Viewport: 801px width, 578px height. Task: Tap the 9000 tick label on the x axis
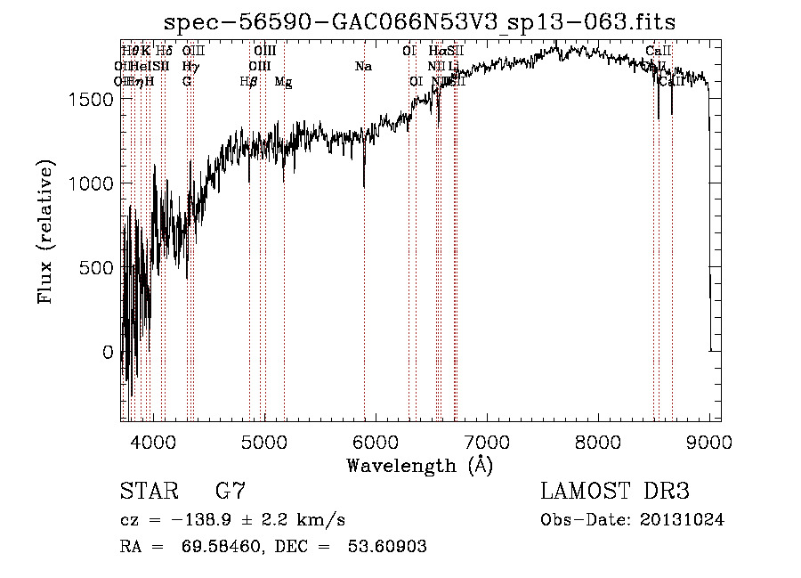click(708, 442)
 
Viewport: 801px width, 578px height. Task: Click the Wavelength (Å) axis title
click(419, 465)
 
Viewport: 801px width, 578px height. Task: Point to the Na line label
click(362, 66)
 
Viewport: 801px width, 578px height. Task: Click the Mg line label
click(283, 82)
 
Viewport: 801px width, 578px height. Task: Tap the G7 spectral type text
click(231, 492)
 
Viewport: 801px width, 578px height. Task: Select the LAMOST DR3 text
click(614, 492)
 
